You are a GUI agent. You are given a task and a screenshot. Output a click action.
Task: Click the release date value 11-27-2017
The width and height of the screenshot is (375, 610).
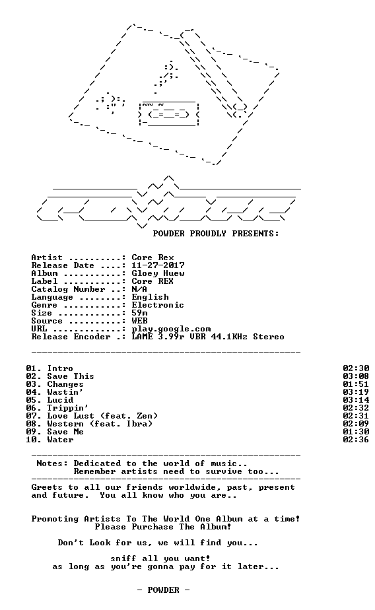[x=158, y=265]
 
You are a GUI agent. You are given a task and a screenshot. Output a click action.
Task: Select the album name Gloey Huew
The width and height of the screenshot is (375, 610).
[x=158, y=273]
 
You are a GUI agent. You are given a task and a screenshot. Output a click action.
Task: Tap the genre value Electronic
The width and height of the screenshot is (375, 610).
[x=158, y=305]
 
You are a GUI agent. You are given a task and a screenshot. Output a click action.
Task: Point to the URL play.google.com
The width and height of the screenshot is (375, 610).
[x=171, y=329]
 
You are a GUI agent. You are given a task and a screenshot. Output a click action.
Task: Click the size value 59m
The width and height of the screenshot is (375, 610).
[x=139, y=313]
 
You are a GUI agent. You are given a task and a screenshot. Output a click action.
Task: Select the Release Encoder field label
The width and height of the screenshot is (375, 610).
[x=71, y=337]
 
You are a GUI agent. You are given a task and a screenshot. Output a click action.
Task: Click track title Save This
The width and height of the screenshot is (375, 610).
[x=71, y=376]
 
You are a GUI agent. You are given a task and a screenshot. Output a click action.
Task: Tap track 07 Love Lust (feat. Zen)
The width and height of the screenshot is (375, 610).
[x=92, y=416]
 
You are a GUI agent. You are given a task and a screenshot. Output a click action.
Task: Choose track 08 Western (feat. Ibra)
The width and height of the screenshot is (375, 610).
[x=89, y=424]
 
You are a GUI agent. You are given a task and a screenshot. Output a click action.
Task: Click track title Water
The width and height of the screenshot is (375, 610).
[x=60, y=440]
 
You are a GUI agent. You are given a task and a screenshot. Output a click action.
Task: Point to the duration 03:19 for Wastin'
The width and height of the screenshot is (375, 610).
[x=356, y=392]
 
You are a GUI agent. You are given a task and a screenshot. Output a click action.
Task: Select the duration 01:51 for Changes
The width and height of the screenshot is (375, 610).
[x=356, y=384]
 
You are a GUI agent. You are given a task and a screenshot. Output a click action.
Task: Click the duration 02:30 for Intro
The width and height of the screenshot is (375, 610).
[x=356, y=368]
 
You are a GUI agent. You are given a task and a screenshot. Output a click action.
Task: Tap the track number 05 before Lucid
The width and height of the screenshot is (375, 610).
[x=31, y=400]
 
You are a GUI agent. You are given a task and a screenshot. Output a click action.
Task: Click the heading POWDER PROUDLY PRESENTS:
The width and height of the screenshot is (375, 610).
[x=216, y=234]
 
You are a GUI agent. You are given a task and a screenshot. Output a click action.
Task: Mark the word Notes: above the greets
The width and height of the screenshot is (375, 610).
[x=52, y=463]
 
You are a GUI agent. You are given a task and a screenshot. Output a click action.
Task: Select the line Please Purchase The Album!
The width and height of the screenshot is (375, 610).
[x=163, y=527]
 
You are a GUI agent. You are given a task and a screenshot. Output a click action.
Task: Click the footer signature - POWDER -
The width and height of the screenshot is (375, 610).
[x=163, y=590]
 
